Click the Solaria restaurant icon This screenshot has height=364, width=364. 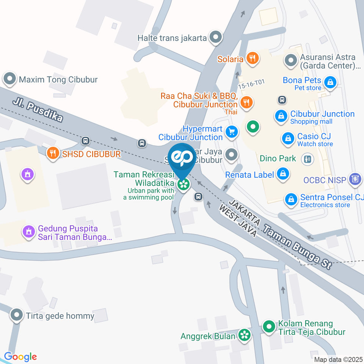pos(252,58)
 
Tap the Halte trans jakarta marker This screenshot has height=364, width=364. pos(216,37)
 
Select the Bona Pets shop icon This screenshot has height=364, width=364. pos(331,82)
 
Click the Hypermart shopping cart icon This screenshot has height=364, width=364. pos(231,132)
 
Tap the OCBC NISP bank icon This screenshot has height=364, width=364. pos(355,179)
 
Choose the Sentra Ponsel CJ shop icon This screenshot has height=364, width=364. pos(291,199)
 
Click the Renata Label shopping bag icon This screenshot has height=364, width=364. pos(283,174)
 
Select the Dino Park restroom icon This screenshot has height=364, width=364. pos(307,158)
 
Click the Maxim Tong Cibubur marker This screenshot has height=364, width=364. pos(9,79)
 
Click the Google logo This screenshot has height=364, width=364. pos(20,356)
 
